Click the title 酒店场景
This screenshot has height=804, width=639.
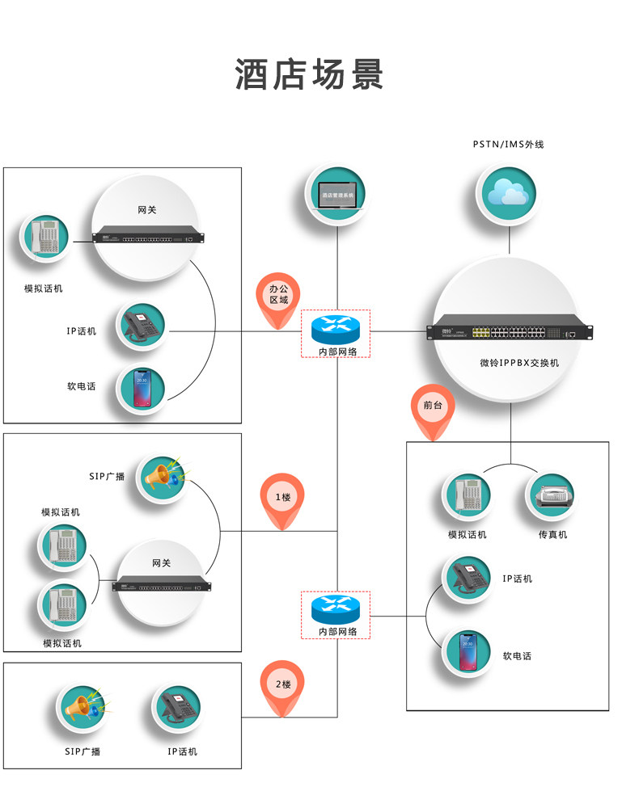point(310,74)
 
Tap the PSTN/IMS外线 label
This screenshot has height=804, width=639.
point(509,145)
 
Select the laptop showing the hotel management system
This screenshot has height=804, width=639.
point(337,194)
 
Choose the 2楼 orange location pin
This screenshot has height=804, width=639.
point(282,686)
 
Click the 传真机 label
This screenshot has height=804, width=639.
point(553,535)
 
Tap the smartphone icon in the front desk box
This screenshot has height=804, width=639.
point(468,651)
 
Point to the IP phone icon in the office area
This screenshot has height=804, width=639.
point(143,326)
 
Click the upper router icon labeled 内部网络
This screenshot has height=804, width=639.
point(335,326)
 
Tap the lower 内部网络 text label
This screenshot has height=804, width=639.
point(335,631)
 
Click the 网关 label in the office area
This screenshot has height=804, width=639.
point(146,210)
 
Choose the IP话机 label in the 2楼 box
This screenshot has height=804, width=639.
point(182,751)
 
